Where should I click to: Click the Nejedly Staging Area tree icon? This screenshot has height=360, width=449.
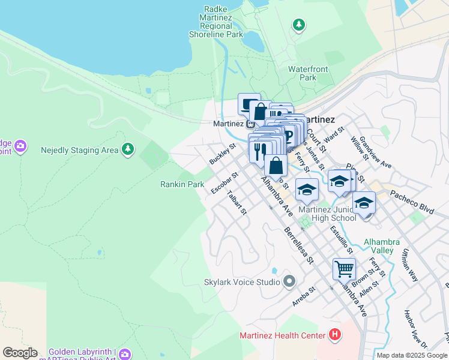pos(127,149)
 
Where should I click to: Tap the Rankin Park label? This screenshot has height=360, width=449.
pos(182,185)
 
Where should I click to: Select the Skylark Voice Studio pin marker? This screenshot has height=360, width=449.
pos(289,281)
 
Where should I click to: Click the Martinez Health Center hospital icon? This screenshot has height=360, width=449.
pos(335,335)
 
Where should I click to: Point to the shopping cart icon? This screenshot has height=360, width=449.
pos(344,269)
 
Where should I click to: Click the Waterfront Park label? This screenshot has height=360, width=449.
pos(310,73)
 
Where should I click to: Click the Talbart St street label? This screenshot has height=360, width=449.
pos(237,203)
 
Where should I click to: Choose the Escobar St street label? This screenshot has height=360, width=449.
pos(224,184)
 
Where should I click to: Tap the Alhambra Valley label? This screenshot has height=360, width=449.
pos(379,246)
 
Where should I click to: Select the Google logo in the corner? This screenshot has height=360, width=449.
pos(20,353)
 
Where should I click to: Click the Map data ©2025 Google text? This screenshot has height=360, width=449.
pos(411,355)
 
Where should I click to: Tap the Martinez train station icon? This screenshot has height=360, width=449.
pos(249,124)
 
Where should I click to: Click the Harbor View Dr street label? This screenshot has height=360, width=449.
pos(415,329)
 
